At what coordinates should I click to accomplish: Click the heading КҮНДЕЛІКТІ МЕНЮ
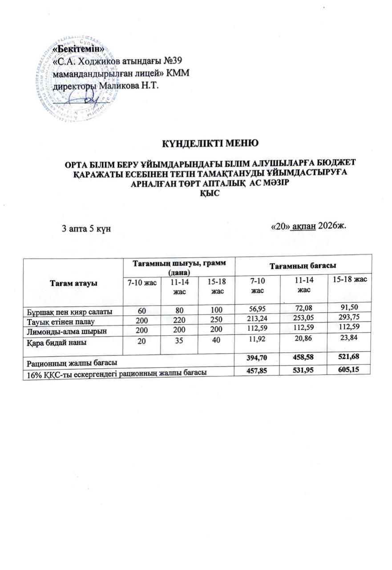pos(210,143)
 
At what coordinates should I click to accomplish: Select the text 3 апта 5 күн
pos(86,229)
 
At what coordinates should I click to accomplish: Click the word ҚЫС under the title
pos(210,195)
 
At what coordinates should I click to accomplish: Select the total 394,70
pos(257,357)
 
